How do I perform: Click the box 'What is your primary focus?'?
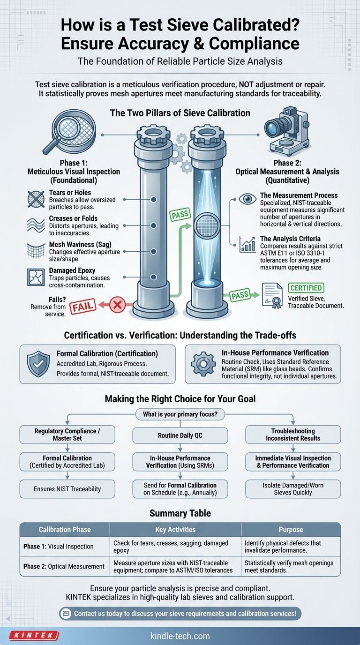point(180,414)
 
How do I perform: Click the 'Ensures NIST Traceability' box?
point(67,489)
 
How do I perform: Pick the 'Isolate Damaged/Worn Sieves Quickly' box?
point(293,489)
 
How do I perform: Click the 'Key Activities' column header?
point(175,529)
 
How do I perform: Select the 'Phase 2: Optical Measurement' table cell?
point(64,566)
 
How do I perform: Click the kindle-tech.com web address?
point(180,636)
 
